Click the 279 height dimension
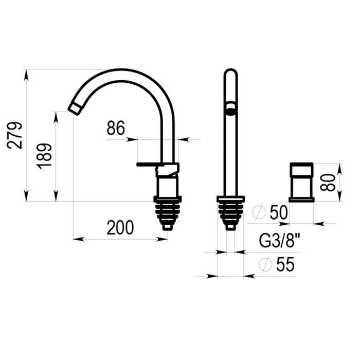pos(15,135)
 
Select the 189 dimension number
pos(45,156)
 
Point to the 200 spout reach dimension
pos(120,227)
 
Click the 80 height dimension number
pos(328,182)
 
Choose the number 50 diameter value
pos(279,212)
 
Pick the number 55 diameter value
pos(285,264)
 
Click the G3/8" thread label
pos(279,241)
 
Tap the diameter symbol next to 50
pos(259,212)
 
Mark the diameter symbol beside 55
pos(266,264)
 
